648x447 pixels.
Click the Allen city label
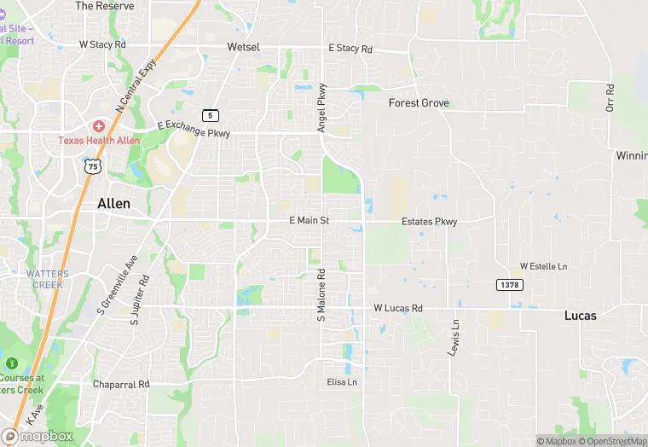point(114,204)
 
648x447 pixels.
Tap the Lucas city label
point(580,315)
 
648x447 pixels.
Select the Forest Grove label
point(419,103)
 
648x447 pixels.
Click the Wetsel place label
point(243,47)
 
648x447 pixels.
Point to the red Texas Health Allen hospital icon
point(99,125)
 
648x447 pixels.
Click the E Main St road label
point(309,220)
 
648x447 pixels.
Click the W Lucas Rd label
point(398,308)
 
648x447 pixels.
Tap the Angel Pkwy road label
point(322,107)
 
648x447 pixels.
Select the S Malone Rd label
point(321,295)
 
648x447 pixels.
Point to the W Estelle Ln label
point(543,266)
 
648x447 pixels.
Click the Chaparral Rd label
point(121,384)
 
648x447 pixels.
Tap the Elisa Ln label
point(342,382)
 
